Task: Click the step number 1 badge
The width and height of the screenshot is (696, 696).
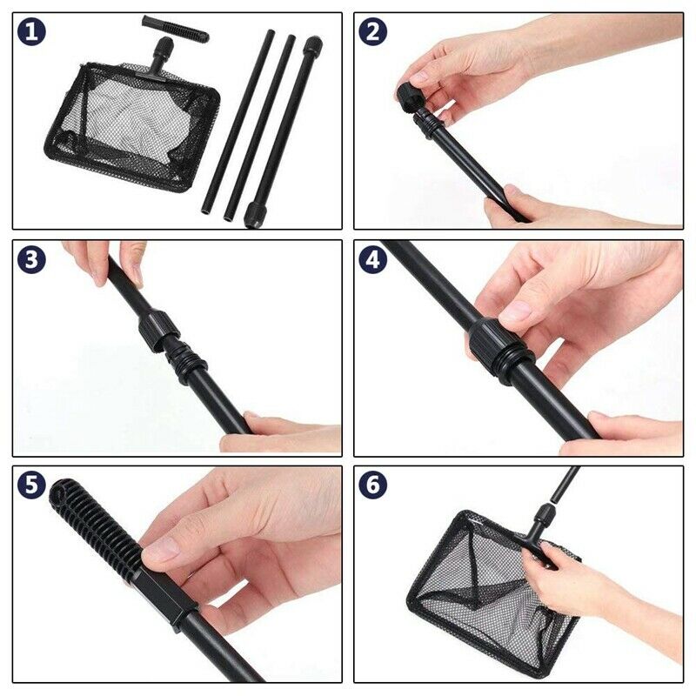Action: click(32, 32)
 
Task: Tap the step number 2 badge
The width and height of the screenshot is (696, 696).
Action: click(373, 32)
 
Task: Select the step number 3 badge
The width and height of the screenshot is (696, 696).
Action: click(32, 259)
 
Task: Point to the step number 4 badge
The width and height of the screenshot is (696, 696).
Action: click(373, 259)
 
